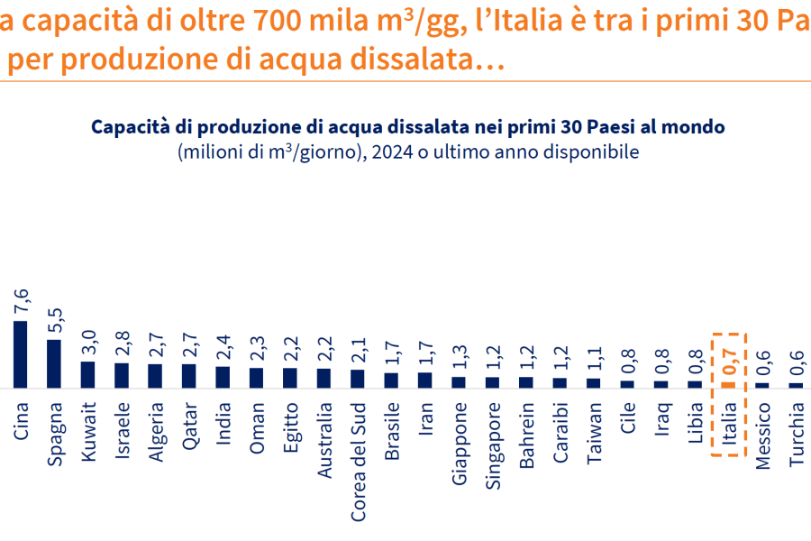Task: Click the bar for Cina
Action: tap(21, 354)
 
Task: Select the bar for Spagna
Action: tap(54, 363)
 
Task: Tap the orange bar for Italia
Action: tap(729, 384)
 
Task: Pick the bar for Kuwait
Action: tap(88, 375)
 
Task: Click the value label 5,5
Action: tap(54, 319)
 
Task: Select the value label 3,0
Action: tap(88, 342)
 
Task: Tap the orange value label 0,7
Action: tap(729, 362)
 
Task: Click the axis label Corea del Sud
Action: tap(358, 460)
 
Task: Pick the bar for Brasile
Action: tap(392, 380)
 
